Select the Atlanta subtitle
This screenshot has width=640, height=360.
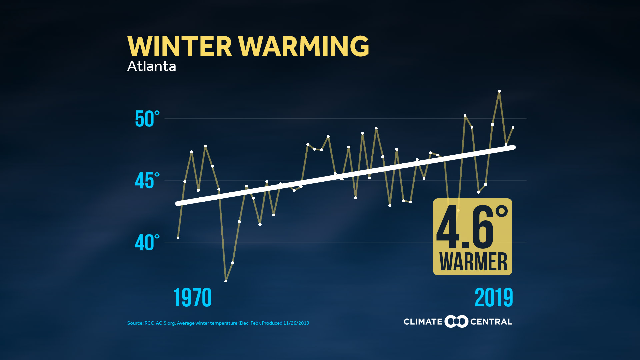click(152, 66)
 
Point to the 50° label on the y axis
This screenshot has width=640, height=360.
click(147, 119)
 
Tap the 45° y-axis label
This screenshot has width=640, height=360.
click(147, 181)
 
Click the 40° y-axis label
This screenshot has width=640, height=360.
click(147, 242)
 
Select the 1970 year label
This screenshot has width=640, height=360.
click(193, 297)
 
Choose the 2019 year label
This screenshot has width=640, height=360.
click(494, 297)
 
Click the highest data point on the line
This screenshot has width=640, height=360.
click(499, 91)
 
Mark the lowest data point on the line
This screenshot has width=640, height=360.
click(226, 281)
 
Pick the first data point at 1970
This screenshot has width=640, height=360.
click(178, 238)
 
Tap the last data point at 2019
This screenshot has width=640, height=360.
click(513, 127)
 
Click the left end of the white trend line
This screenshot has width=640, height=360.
click(178, 203)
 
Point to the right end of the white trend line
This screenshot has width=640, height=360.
click(513, 147)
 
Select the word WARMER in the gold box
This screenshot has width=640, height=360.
click(473, 262)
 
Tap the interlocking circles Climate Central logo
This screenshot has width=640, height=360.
click(456, 321)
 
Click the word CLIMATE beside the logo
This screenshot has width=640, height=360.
click(423, 322)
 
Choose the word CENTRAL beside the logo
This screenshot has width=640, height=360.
click(491, 322)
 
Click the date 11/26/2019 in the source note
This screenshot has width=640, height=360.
click(296, 323)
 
